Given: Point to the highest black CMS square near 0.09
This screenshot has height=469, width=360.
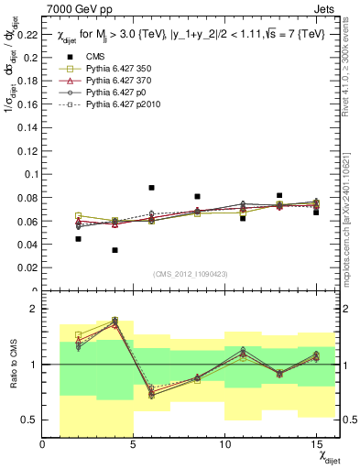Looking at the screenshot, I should pos(151,188).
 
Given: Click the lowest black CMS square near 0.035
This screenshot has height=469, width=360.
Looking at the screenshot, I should pos(115,250).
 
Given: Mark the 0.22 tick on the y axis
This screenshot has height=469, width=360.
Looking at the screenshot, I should pos(27,37).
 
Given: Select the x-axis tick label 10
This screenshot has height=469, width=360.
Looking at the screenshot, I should pos(224,444).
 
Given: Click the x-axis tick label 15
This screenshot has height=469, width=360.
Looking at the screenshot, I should pos(315,444).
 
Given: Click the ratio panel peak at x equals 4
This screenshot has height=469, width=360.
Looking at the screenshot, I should pos(115,321).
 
